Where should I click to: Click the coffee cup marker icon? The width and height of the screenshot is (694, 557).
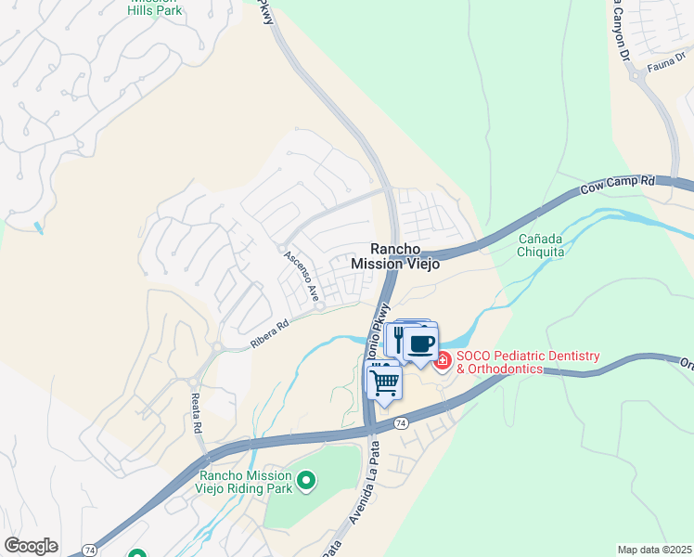click(421, 343)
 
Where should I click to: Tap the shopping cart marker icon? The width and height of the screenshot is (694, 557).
click(385, 381)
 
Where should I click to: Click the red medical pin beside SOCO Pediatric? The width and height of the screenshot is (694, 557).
click(442, 360)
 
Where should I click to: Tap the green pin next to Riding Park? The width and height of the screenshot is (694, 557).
click(306, 482)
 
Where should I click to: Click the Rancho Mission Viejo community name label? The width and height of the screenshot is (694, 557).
click(395, 256)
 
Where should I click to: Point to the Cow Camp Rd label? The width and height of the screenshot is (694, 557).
click(618, 186)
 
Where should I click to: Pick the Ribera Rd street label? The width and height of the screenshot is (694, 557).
click(270, 335)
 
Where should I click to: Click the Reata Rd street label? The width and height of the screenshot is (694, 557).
click(197, 414)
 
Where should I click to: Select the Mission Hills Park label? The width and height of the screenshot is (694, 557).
click(155, 6)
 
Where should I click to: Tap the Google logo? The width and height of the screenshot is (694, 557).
click(31, 546)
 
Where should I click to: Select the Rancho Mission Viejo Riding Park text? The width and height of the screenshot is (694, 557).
click(245, 482)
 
